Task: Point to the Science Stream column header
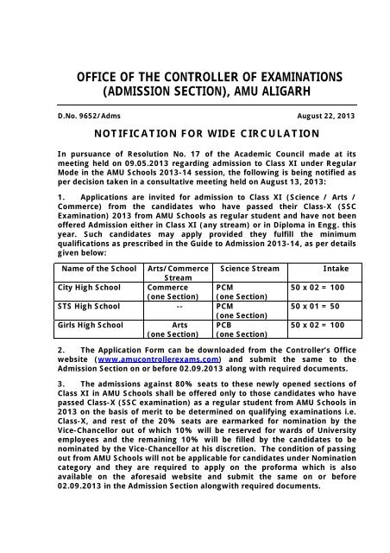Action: (x=249, y=270)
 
